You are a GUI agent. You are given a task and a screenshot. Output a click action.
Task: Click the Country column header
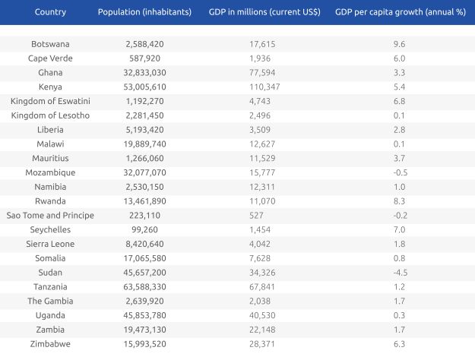click(49, 12)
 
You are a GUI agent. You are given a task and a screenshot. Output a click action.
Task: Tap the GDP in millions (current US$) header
click(264, 12)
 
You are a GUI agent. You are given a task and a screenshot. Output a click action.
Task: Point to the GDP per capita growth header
click(399, 12)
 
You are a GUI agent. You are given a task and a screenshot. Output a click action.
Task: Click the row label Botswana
click(49, 44)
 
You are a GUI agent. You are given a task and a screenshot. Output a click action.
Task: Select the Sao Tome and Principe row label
click(49, 215)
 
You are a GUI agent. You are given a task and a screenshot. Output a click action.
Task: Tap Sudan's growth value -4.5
click(399, 272)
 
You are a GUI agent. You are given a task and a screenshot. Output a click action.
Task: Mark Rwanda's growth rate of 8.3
click(399, 201)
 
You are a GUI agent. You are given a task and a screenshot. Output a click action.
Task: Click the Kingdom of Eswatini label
click(49, 101)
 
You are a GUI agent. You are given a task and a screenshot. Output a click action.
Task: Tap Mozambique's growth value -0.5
click(399, 172)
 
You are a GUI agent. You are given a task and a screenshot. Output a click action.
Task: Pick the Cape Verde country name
click(49, 58)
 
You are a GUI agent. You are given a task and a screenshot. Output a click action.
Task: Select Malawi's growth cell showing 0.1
click(399, 144)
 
